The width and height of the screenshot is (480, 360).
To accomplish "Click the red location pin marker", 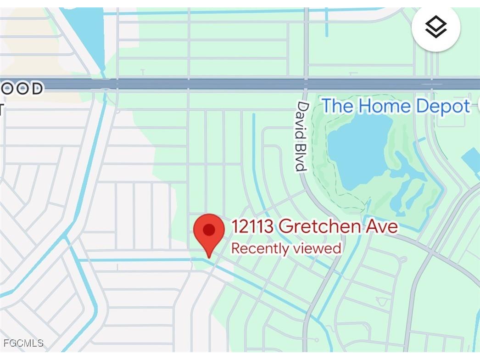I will tap(209, 232).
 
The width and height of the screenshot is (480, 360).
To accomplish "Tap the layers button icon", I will tap(435, 27).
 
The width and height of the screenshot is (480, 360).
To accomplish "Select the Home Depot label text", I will tap(396, 106).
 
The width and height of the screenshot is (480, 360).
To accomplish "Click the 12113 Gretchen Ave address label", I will tap(314, 226).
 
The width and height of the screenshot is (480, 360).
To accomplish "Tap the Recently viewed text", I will tap(286, 248).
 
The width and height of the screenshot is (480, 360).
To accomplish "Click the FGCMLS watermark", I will tap(23, 343).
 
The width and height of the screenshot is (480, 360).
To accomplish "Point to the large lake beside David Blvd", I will tap(358, 152).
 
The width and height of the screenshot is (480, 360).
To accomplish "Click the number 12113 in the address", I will tap(253, 226).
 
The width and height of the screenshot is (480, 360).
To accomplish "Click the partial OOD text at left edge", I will tap(22, 88).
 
